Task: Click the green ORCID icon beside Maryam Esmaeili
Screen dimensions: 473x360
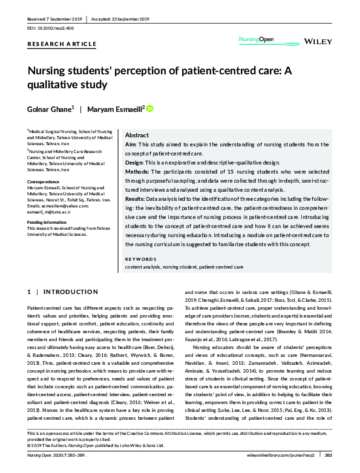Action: click(149, 108)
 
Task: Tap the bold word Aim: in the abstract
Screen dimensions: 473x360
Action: click(131, 145)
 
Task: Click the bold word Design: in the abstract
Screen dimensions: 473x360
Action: click(135, 163)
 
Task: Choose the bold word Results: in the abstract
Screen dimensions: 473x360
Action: click(137, 198)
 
